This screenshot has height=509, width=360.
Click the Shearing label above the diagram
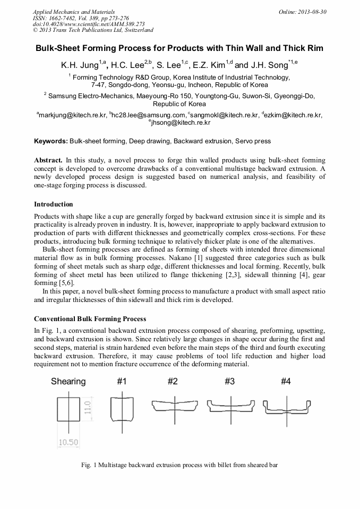pos(68,381)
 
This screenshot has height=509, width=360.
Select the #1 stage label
pos(123,381)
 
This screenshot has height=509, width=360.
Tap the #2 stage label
pos(173,381)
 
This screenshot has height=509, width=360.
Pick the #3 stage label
pos(229,381)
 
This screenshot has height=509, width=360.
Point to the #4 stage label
pos(286,381)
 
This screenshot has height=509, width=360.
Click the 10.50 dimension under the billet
pos(68,442)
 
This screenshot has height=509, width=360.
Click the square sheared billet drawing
pos(68,409)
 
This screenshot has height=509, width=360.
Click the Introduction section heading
pos(54,204)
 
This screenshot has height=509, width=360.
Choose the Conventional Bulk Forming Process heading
pos(90,319)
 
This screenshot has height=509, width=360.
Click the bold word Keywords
pos(50,141)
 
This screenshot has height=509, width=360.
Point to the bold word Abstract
pos(48,160)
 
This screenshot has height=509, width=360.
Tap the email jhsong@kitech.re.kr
pos(181,123)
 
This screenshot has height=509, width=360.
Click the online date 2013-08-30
pos(313,12)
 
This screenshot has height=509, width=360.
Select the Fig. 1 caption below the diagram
pos(179,465)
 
